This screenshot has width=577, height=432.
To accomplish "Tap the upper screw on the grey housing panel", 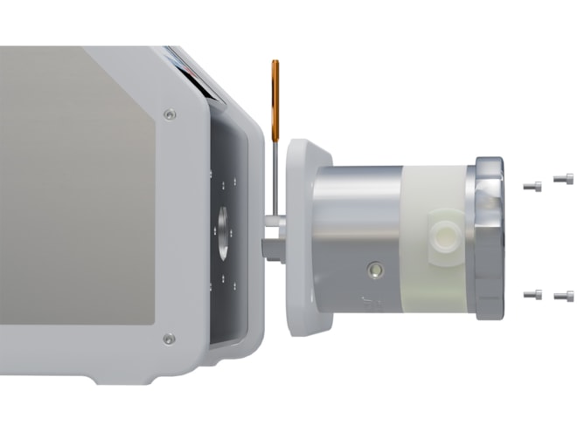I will [170, 113].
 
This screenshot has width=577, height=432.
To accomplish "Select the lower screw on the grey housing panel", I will [169, 338].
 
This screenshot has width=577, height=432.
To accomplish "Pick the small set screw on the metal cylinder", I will [375, 270].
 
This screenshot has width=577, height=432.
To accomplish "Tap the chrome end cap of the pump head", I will [489, 236].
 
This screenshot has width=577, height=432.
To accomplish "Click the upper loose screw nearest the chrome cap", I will [531, 185].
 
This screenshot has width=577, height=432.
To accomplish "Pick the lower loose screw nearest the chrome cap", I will [531, 294].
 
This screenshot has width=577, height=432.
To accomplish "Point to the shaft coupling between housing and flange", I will [272, 237].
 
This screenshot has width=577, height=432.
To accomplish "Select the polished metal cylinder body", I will [354, 218].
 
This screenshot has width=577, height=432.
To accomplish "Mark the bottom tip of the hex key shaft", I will [276, 218].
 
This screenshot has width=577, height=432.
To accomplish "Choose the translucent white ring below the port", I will [437, 288].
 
